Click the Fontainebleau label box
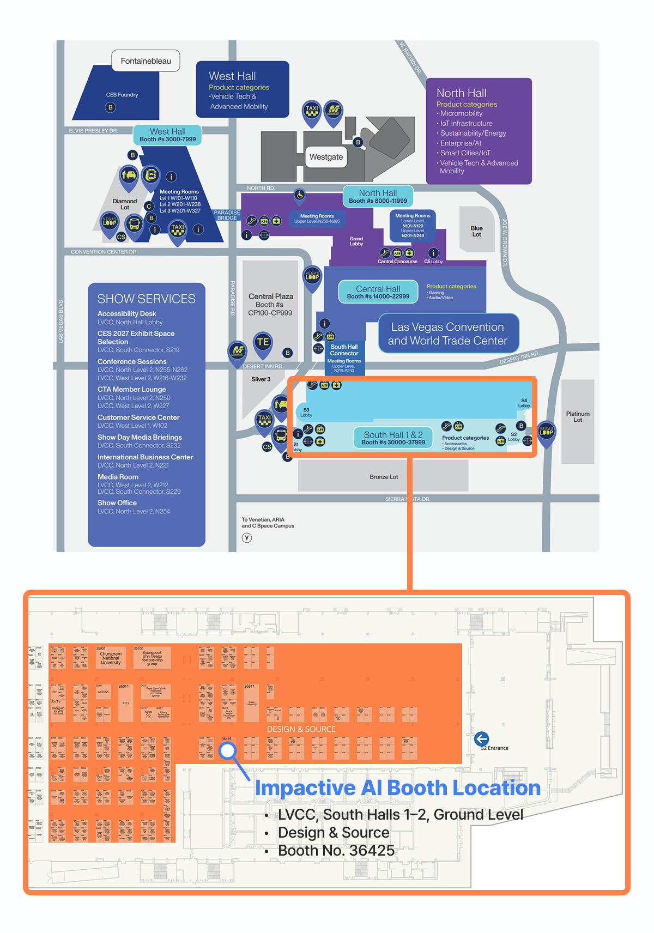point(146,61)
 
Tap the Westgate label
point(326,157)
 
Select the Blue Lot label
point(476,232)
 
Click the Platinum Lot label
point(578,417)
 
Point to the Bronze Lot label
point(384,477)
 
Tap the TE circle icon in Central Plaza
point(263,342)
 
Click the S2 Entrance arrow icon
point(481,739)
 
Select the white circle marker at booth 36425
point(227,751)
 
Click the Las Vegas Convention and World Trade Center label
point(447,334)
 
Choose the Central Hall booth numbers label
point(378,292)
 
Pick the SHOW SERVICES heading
point(146,299)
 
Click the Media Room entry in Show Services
point(118,477)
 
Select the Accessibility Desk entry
point(126,314)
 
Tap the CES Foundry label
point(122,95)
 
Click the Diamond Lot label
point(125,204)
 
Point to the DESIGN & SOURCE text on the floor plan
point(301,729)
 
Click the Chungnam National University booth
point(111,658)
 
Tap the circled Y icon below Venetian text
point(247,538)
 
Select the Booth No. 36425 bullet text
point(336,851)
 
